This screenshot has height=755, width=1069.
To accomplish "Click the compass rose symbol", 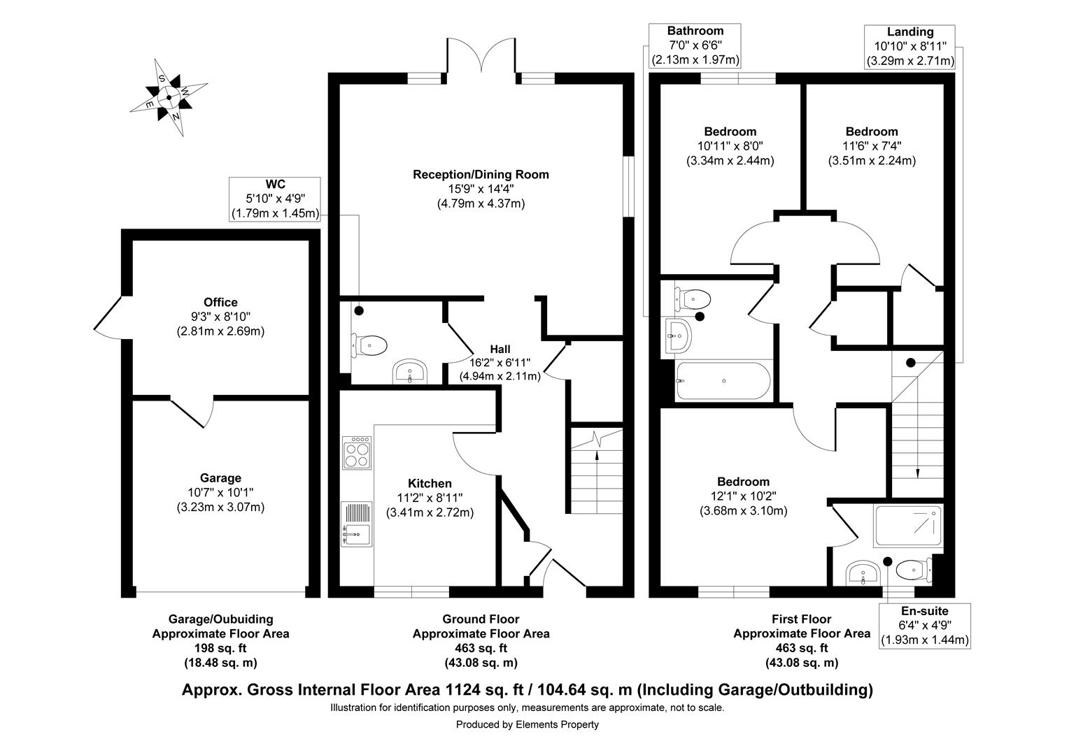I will tap(169, 97).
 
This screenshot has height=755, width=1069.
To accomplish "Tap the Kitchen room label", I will tap(430, 483).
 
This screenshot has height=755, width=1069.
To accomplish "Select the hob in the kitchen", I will tap(357, 453).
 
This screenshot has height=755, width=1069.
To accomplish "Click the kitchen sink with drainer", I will tap(357, 524).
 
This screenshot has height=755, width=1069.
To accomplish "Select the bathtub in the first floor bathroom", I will tap(723, 381).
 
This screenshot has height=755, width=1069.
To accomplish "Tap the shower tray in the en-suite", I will tap(908, 526).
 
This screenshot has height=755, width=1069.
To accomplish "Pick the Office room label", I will tap(220, 302).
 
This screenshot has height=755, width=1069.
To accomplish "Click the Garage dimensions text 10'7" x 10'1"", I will tap(220, 493).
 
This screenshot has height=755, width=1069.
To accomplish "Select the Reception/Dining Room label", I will tap(481, 174).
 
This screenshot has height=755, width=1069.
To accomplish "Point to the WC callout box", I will tap(276, 199).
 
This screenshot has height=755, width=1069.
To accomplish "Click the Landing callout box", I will tap(909, 46).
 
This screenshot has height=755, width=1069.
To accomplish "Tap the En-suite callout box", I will tap(924, 625).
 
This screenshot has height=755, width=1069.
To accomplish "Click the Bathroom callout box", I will tap(695, 45).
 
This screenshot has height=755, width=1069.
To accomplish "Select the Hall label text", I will tap(500, 349).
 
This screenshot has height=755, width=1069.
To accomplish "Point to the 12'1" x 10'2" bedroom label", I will tap(743, 496).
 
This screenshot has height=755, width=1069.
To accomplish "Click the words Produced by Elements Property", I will tap(528, 724).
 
